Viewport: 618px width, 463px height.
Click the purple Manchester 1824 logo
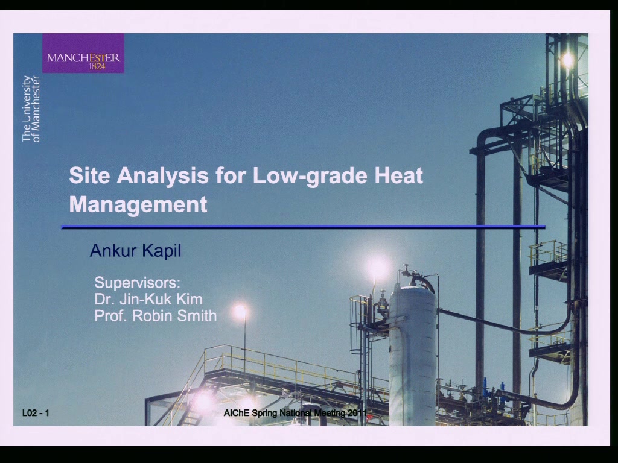(x=83, y=53)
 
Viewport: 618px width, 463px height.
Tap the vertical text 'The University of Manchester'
(x=31, y=109)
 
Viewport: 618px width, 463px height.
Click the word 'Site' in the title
(x=89, y=175)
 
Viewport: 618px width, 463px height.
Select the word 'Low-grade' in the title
(x=309, y=175)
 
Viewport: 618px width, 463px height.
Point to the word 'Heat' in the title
(x=398, y=175)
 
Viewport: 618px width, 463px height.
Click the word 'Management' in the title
(x=138, y=205)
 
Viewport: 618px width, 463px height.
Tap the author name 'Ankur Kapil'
(x=136, y=251)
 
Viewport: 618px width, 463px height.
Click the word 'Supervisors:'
(x=137, y=283)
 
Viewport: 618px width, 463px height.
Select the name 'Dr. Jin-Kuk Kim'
(x=148, y=299)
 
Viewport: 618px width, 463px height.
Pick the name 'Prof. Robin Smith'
(x=156, y=316)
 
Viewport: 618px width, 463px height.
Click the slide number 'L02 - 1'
(x=36, y=412)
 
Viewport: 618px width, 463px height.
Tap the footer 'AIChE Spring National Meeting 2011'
(x=295, y=412)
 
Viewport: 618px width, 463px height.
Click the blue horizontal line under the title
(x=303, y=227)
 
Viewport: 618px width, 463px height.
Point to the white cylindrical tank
(x=412, y=354)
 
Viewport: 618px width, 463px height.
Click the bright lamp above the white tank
(x=378, y=267)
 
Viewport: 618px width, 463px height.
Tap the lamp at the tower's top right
(x=567, y=60)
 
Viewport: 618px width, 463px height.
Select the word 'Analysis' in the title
(x=162, y=175)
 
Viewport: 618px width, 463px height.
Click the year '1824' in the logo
(x=97, y=66)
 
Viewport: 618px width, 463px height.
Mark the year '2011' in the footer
(x=357, y=412)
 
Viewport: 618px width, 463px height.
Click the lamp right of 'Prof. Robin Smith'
(x=241, y=312)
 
